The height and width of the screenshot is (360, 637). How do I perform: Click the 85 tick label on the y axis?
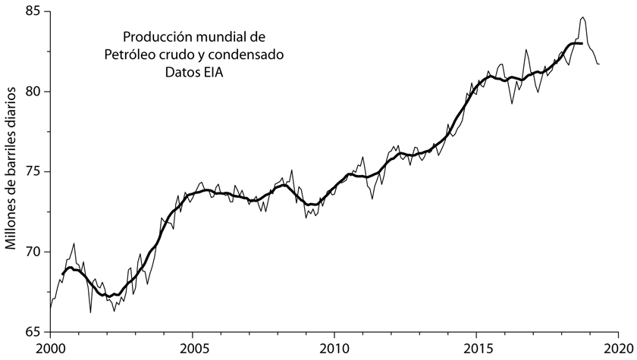point(33,12)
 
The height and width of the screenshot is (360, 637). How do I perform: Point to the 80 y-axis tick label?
point(33,92)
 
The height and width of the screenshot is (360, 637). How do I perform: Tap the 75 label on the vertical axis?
point(33,172)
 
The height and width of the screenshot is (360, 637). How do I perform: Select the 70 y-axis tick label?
point(33,252)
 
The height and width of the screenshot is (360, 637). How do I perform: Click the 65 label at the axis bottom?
point(33,332)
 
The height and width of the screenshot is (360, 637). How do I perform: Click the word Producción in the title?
point(155,36)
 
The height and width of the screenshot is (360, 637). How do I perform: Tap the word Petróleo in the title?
point(128,54)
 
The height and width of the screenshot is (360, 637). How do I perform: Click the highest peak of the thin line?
point(582,17)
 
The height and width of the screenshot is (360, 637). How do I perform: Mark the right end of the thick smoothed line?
point(582,44)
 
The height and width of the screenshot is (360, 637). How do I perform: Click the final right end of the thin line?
point(599,64)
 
